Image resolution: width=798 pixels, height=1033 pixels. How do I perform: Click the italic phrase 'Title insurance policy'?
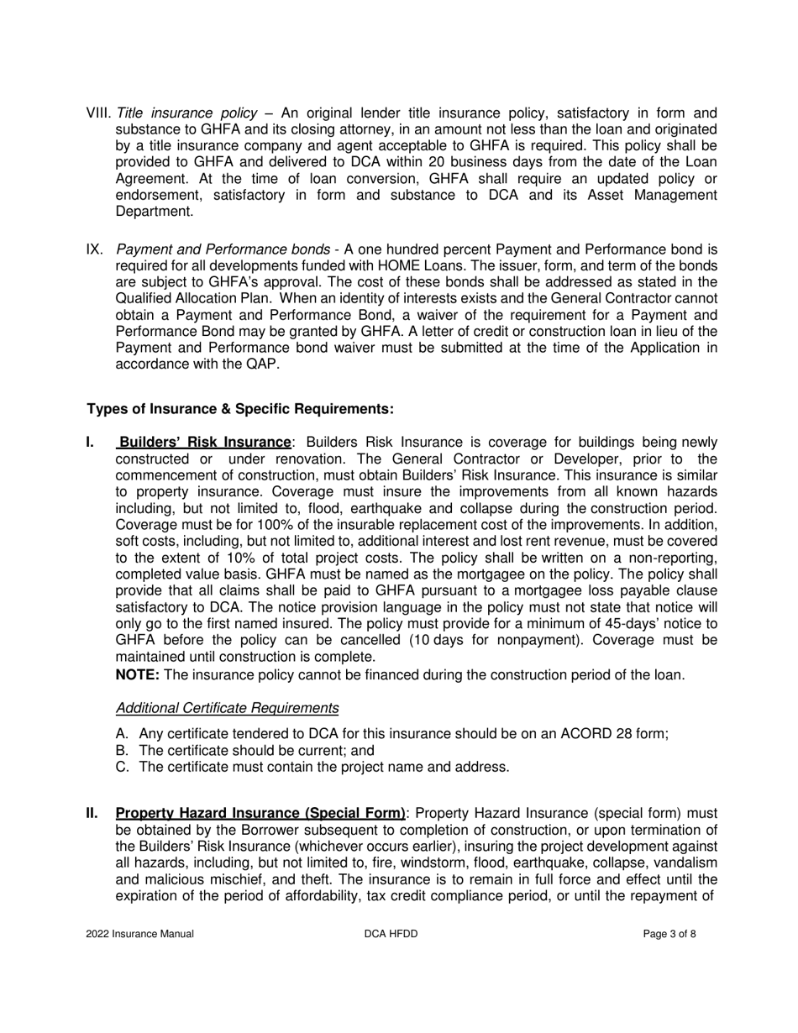tap(186, 113)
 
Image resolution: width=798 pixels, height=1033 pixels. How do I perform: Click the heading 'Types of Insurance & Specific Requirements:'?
tap(240, 409)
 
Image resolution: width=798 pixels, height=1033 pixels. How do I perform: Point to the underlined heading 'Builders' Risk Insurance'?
tap(205, 442)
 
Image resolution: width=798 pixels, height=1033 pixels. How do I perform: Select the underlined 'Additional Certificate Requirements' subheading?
tap(227, 708)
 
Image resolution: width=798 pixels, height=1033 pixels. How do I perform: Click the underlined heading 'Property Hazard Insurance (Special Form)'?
tap(260, 813)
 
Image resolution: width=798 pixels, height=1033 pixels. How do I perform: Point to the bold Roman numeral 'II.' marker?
tap(92, 813)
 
